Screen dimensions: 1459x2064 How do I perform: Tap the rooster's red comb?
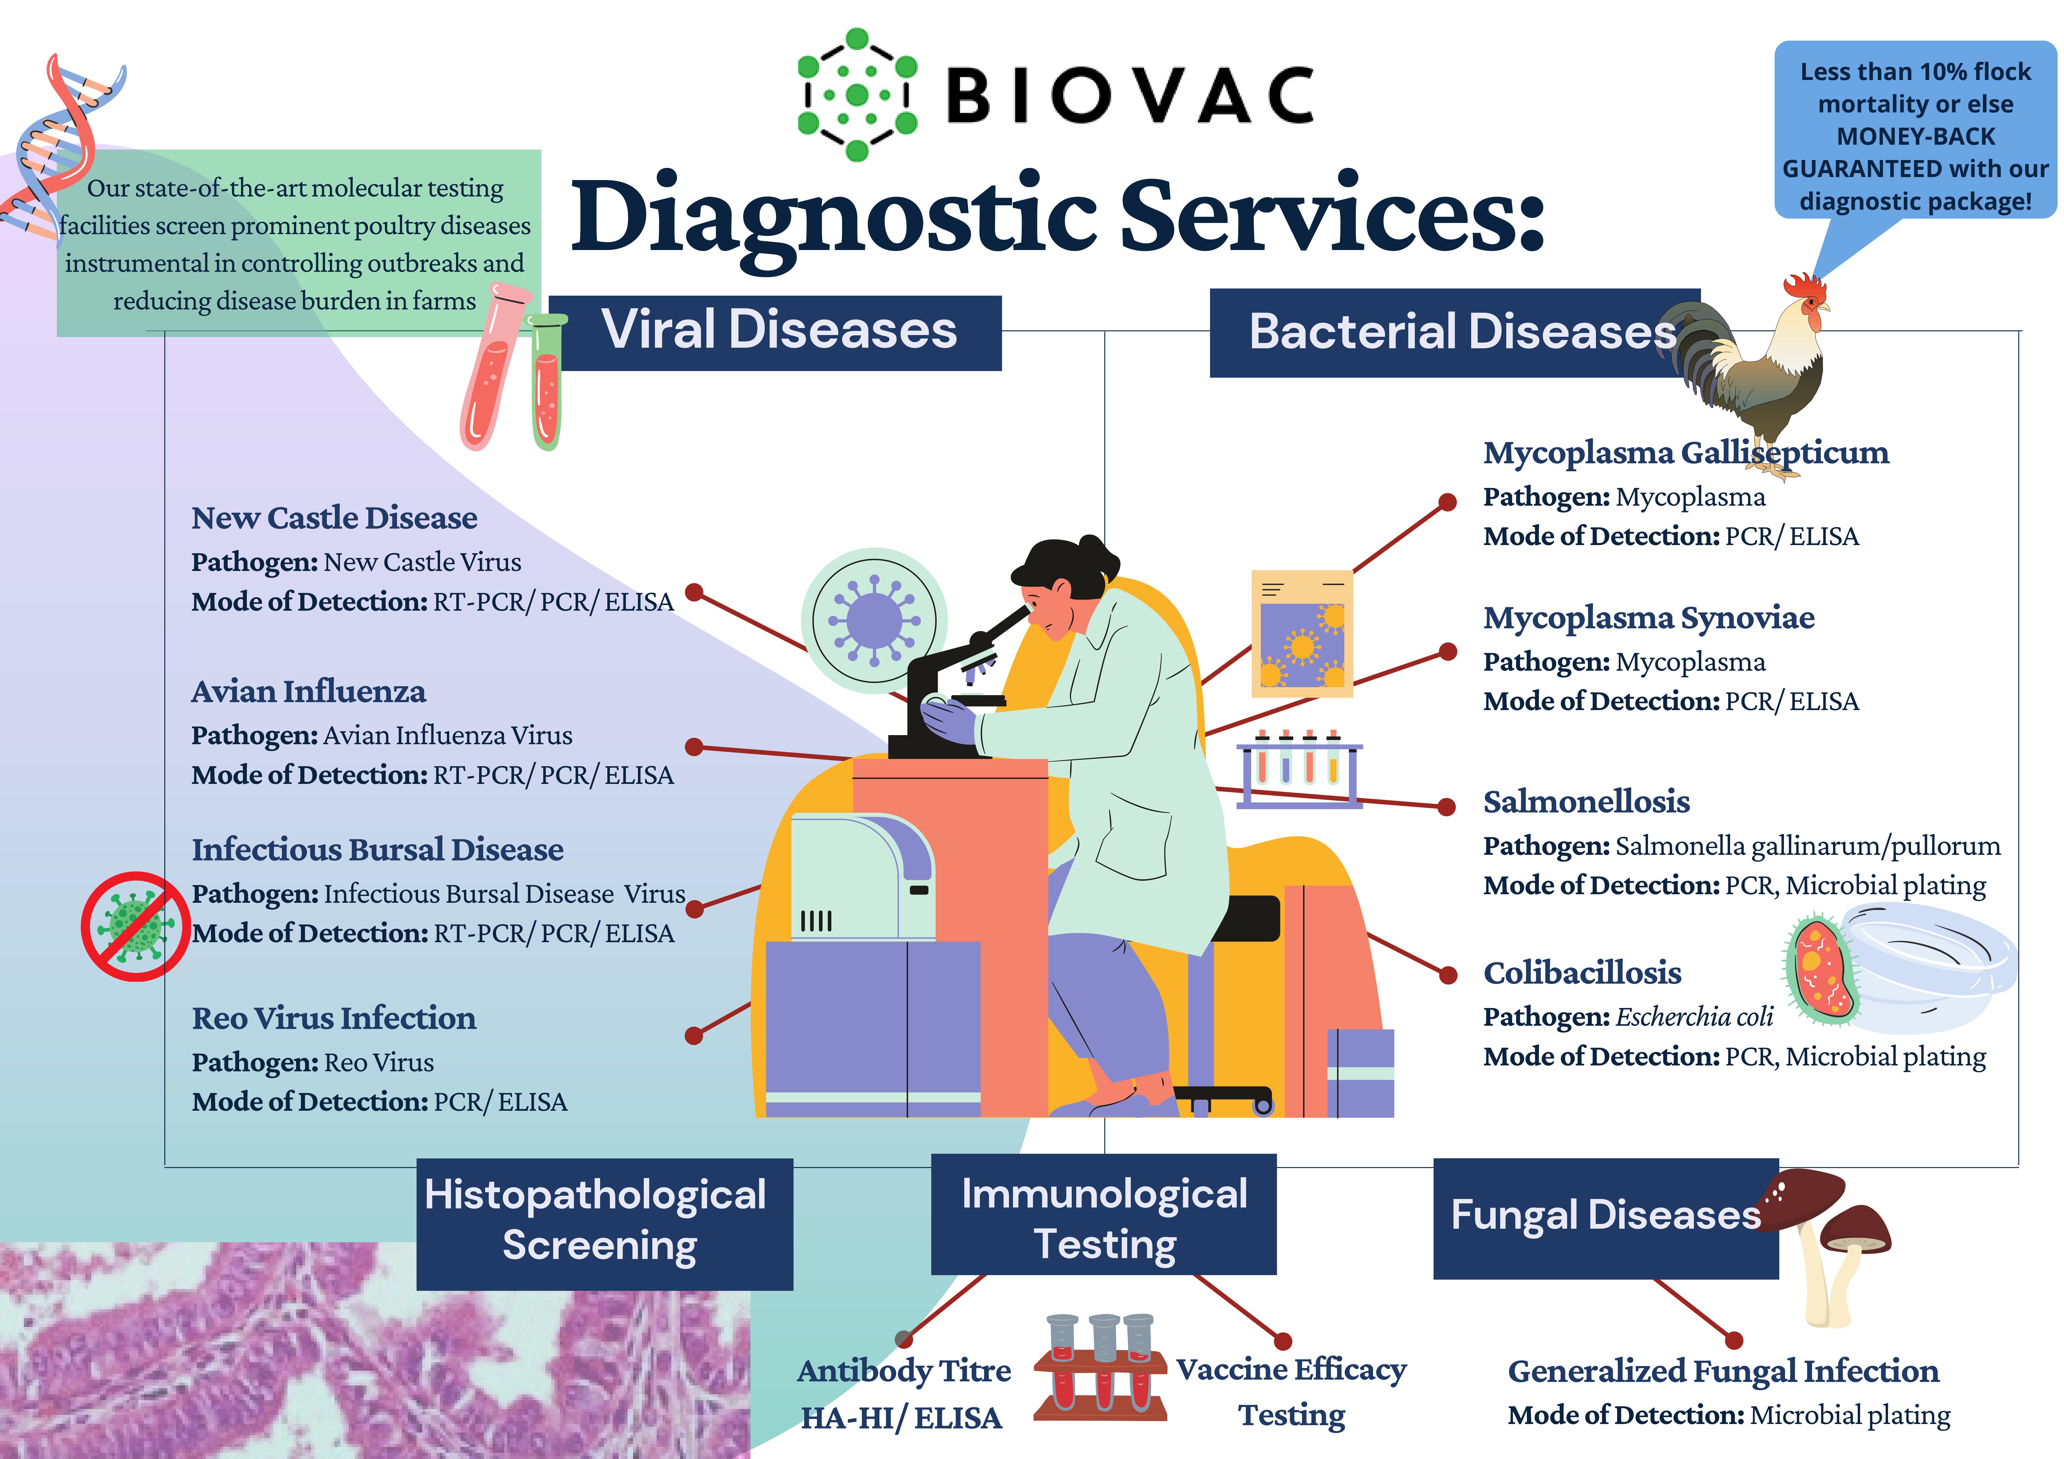point(1803,288)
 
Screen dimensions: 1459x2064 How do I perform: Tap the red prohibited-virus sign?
point(135,926)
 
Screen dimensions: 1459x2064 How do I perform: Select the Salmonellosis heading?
point(1586,801)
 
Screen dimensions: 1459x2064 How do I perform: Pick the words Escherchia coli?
point(1694,1017)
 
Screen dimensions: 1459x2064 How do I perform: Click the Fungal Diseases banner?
point(1605,1215)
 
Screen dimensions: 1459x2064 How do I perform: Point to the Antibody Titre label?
point(903,1371)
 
